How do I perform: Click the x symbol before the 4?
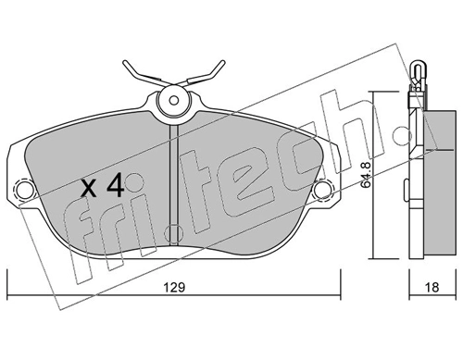(x=89, y=188)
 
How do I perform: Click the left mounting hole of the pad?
(x=25, y=192)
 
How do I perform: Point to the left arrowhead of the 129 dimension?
(x=11, y=298)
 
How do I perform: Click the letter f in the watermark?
(x=88, y=250)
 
